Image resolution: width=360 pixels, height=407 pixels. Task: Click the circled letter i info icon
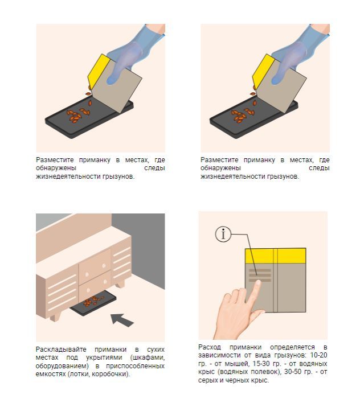[x=223, y=234]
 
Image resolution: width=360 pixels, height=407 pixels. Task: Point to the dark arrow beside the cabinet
[x=122, y=320]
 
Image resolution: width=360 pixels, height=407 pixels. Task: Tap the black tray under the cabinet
[x=93, y=303]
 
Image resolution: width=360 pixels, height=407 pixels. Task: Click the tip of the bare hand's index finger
[x=258, y=282]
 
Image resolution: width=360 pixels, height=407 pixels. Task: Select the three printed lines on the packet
[x=260, y=275]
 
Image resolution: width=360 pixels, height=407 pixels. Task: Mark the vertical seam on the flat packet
[x=276, y=280]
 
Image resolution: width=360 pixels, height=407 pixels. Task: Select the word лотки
[x=79, y=375]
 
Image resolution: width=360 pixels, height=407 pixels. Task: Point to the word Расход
[x=210, y=347]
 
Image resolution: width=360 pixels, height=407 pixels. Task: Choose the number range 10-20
[x=318, y=355]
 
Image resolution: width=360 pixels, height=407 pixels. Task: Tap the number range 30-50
[x=293, y=372]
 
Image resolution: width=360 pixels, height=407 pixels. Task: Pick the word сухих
[x=156, y=350]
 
